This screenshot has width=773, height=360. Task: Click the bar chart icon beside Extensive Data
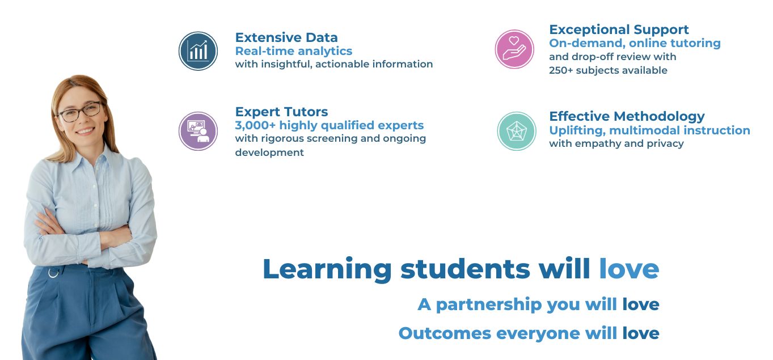pyautogui.click(x=198, y=51)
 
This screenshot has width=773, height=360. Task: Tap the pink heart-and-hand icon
pyautogui.click(x=514, y=49)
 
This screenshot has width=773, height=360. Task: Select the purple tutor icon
pyautogui.click(x=198, y=131)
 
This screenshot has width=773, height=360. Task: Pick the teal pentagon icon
pyautogui.click(x=517, y=131)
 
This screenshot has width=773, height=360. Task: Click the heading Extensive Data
pyautogui.click(x=286, y=37)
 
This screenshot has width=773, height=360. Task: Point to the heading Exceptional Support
pyautogui.click(x=619, y=29)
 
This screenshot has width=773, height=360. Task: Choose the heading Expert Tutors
pyautogui.click(x=282, y=112)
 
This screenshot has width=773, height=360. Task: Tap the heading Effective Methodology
pyautogui.click(x=627, y=116)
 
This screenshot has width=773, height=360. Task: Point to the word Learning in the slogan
pyautogui.click(x=327, y=270)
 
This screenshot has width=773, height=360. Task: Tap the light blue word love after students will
pyautogui.click(x=629, y=269)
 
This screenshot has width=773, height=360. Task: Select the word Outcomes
pyautogui.click(x=445, y=333)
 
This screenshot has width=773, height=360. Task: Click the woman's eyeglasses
pyautogui.click(x=80, y=111)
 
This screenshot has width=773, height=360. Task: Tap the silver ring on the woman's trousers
pyautogui.click(x=53, y=273)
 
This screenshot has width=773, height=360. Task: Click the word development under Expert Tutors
pyautogui.click(x=269, y=153)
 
